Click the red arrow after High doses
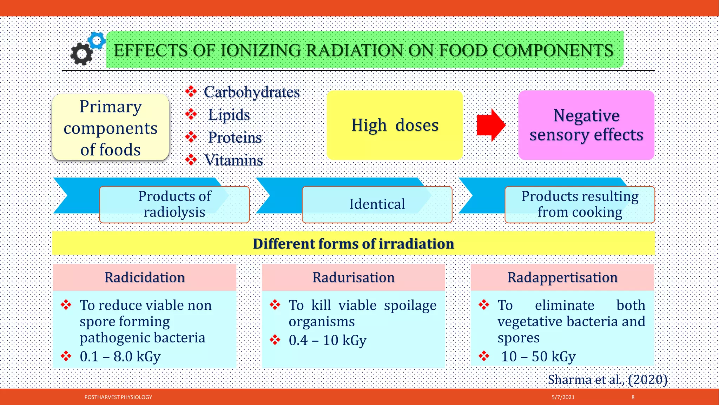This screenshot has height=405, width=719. (490, 125)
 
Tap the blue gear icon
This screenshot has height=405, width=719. (97, 40)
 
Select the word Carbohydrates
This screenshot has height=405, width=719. (251, 92)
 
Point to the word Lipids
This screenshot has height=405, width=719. (229, 115)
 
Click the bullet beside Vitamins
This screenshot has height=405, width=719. (191, 160)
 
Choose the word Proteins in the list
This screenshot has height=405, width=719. (235, 137)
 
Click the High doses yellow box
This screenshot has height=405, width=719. (395, 125)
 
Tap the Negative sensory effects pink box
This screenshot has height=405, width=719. (586, 125)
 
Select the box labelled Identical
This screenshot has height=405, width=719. (377, 204)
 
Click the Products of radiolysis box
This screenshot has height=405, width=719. (174, 204)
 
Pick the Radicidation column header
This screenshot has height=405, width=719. (144, 277)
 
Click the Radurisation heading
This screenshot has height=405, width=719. (353, 277)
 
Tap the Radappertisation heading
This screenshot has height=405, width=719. (562, 277)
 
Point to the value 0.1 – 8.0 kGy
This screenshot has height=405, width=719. (120, 356)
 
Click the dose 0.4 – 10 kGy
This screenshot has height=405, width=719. (327, 340)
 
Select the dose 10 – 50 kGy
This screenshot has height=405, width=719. (538, 356)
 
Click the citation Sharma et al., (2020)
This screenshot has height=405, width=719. (607, 380)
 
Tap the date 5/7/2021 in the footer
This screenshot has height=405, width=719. (563, 397)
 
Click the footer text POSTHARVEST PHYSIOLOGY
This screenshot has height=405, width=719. (118, 397)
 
